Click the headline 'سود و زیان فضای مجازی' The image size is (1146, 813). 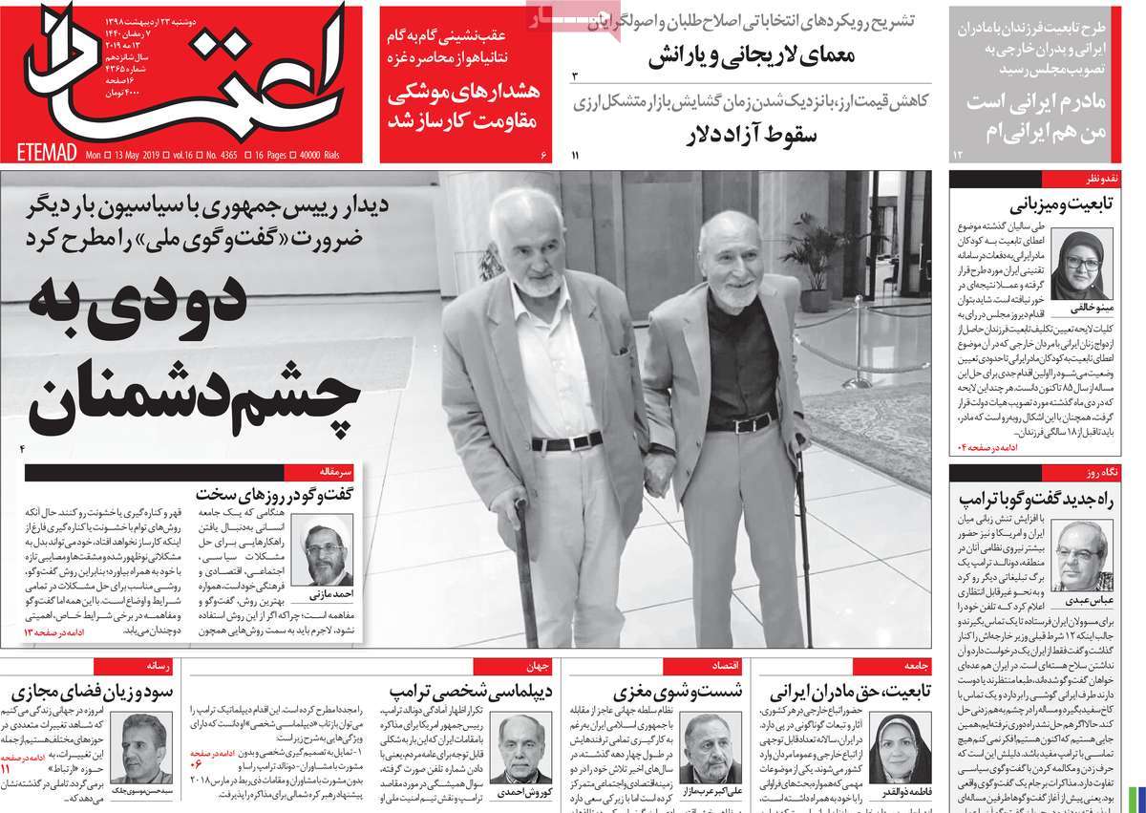pos(81,690)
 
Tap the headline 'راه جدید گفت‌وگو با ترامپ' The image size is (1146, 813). pos(1043,497)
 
